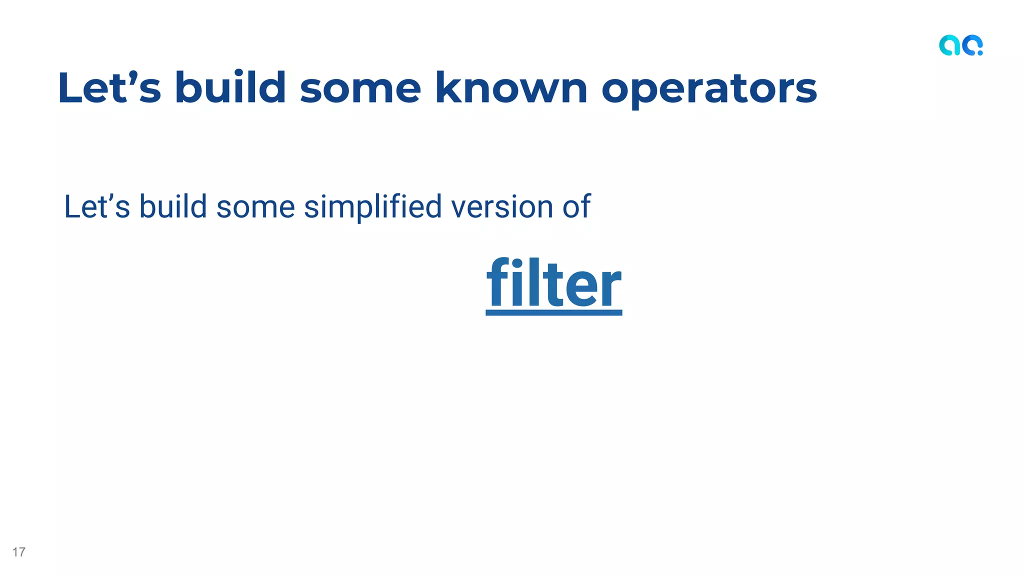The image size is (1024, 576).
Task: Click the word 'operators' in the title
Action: tap(709, 89)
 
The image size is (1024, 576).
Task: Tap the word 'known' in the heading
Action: tap(511, 88)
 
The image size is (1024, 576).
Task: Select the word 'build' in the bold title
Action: tap(230, 88)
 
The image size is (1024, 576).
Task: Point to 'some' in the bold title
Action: tap(360, 89)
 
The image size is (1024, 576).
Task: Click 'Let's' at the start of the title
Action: tap(109, 88)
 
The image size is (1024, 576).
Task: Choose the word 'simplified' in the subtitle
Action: tap(372, 207)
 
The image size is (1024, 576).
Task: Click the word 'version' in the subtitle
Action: tap(501, 207)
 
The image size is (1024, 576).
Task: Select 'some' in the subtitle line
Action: tap(255, 207)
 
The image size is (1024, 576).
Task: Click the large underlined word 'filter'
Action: tap(554, 283)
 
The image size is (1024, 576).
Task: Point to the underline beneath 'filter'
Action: tap(554, 312)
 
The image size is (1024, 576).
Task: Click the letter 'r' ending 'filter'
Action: tap(611, 287)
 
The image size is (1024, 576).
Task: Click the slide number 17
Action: tap(19, 552)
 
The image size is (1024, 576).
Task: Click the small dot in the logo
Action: tap(980, 52)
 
